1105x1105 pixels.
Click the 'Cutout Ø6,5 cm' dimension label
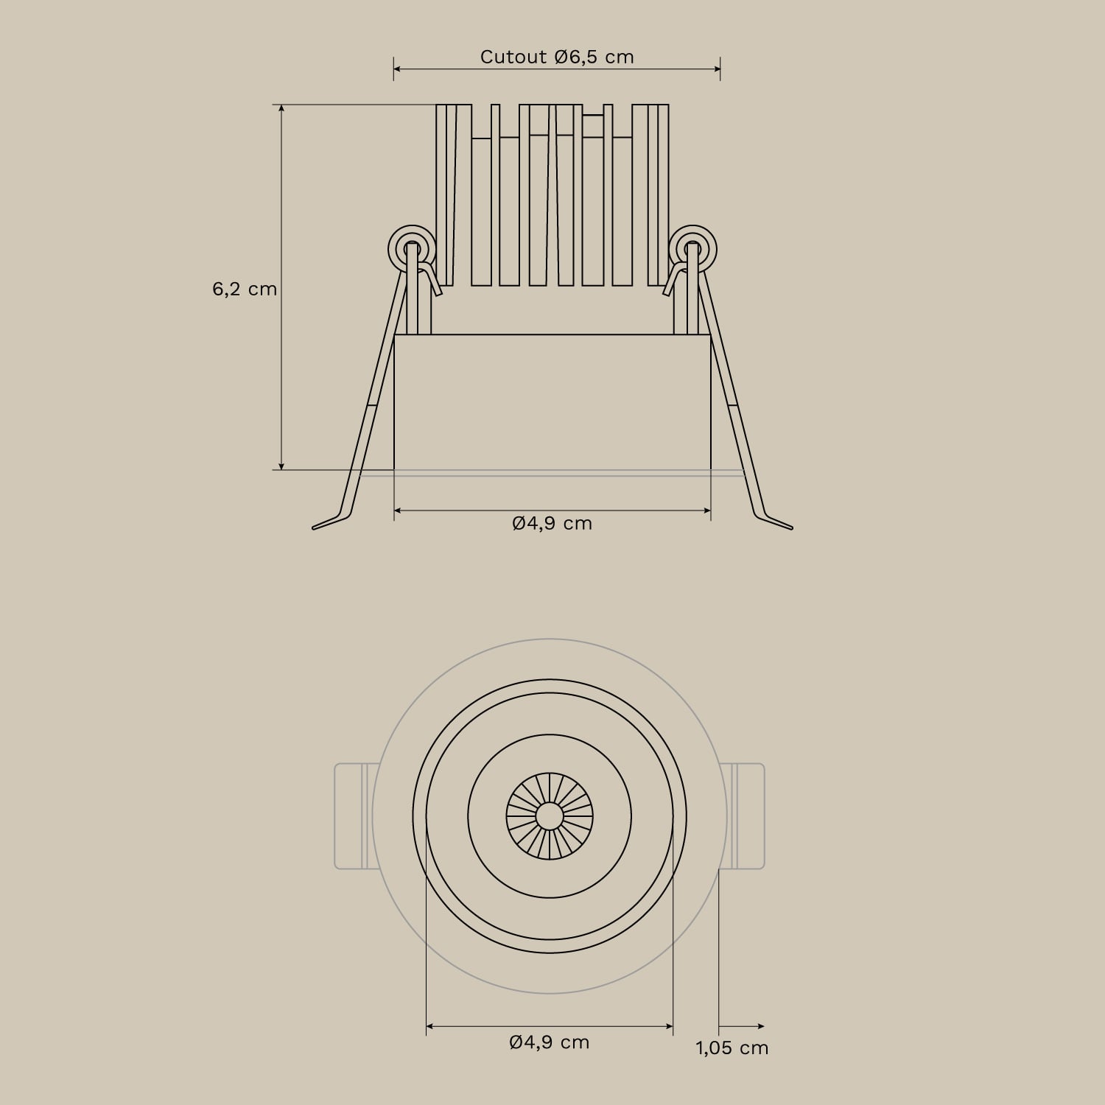coord(557,57)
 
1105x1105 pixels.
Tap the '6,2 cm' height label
coord(245,289)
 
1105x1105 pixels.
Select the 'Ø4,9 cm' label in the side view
coord(552,523)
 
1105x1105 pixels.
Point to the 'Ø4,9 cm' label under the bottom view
coord(550,1042)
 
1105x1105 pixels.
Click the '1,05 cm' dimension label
coord(732,1048)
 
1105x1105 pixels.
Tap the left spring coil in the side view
coord(412,248)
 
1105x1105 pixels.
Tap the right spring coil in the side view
coord(692,248)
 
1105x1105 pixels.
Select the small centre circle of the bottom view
coord(550,815)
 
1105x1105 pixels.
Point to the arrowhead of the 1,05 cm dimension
coord(761,1025)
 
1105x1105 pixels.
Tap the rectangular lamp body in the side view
coord(552,401)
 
